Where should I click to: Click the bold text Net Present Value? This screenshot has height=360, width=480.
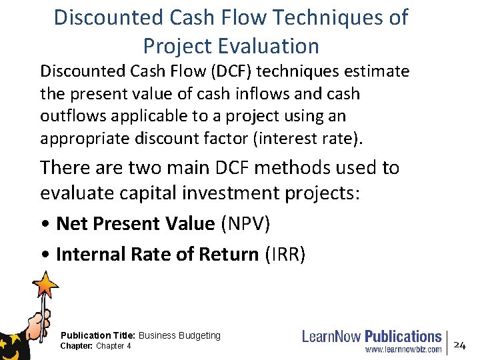(x=135, y=224)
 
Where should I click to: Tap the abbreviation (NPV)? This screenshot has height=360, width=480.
(x=245, y=224)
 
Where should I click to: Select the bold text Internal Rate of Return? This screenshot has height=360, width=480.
(x=157, y=254)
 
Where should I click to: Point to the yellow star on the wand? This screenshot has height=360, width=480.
(x=47, y=286)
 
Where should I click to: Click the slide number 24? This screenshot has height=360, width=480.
(x=459, y=344)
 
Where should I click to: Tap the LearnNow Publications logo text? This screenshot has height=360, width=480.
(x=371, y=337)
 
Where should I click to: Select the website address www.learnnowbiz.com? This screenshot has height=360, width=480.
(x=403, y=349)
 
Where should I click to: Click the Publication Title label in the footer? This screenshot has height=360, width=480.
(x=98, y=335)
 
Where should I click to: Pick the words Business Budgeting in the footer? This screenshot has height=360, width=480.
(x=179, y=335)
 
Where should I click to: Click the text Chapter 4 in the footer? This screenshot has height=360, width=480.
(x=113, y=346)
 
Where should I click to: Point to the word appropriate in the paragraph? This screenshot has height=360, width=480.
(x=83, y=139)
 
